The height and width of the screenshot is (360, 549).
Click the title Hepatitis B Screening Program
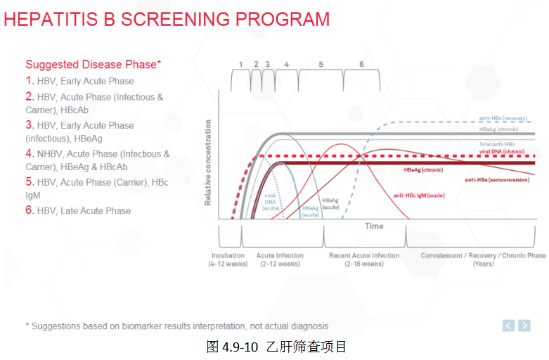167,19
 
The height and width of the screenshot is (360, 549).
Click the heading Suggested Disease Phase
93,64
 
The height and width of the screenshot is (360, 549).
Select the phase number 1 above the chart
240,65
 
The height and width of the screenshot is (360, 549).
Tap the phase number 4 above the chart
286,65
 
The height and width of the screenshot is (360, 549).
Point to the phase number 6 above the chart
361,65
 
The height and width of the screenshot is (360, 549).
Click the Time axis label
374,226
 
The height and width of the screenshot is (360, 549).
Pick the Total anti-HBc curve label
496,144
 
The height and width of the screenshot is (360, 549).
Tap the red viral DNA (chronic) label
502,151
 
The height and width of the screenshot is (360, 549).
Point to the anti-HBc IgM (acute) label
418,195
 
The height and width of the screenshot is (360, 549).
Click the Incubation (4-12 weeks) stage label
228,259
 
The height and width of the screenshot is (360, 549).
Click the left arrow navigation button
510,325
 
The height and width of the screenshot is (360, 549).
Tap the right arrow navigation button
525,325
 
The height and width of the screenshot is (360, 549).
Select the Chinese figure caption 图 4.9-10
276,347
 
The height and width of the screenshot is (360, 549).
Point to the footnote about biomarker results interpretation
176,326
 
